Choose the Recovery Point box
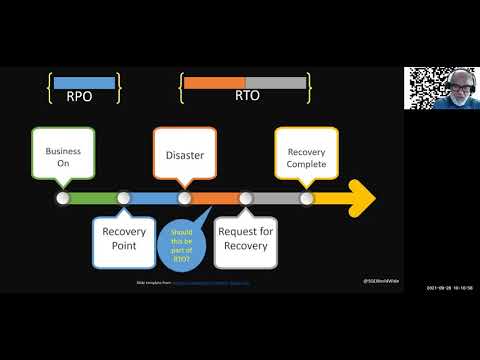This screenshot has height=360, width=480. point(123,241)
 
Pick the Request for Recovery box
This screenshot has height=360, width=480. point(245,241)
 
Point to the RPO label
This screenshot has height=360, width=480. point(84,98)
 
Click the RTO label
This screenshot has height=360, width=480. point(246,98)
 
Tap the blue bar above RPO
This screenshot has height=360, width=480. point(84,82)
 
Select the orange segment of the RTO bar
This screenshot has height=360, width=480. point(214,82)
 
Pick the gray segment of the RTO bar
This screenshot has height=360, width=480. point(276,82)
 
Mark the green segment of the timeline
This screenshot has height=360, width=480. point(92,198)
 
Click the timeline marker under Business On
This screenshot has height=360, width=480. point(62,198)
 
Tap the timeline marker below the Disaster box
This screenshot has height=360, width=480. point(184,198)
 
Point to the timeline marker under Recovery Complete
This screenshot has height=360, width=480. point(306,198)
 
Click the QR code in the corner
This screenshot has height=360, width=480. point(422,87)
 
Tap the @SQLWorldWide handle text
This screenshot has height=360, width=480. point(380,282)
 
